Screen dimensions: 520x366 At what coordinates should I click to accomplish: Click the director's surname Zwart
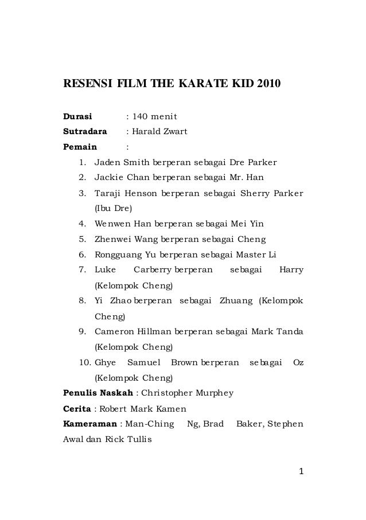tap(174, 133)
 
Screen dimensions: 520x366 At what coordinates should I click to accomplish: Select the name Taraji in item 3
tap(108, 192)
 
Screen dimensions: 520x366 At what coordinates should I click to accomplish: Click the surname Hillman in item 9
tap(151, 332)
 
